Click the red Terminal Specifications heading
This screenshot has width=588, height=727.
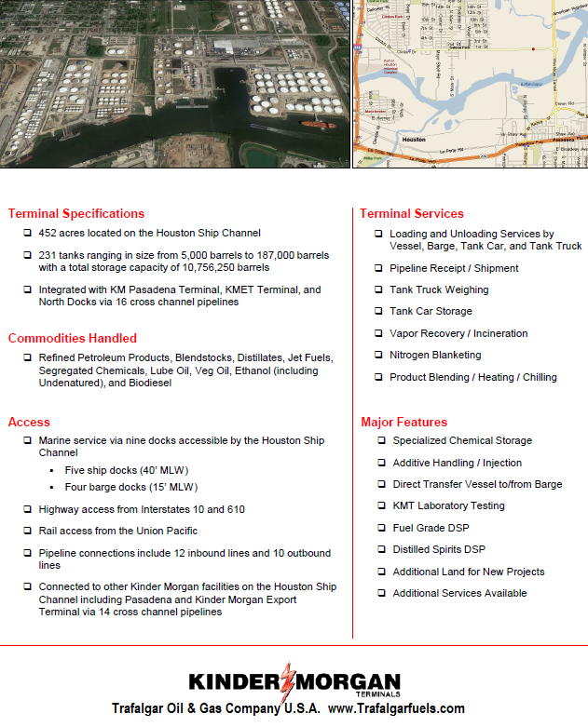pos(76,213)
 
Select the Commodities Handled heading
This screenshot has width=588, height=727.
pos(73,338)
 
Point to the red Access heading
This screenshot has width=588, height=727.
pos(29,422)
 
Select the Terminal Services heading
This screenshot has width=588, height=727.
pos(411,213)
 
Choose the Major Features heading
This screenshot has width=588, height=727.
pos(403,422)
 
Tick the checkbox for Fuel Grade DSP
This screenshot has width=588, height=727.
pos(382,528)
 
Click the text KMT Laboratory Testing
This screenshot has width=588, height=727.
pos(448,505)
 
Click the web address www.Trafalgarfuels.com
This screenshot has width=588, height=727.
pos(396,708)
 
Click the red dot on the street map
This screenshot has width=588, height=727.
pos(532,48)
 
